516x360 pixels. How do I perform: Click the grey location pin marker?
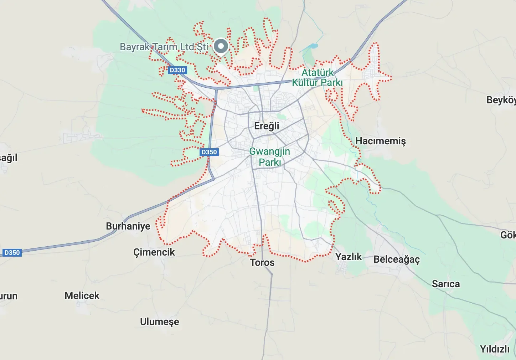click(221, 46)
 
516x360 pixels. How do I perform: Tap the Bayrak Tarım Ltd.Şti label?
click(164, 47)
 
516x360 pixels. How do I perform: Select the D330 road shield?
click(177, 70)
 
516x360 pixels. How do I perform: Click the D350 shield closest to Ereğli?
click(209, 152)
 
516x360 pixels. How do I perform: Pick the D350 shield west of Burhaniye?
click(12, 253)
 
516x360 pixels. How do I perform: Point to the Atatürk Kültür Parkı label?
click(317, 78)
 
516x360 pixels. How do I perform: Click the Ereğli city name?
click(267, 126)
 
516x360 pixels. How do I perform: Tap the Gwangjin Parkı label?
click(270, 157)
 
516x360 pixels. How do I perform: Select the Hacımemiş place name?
click(381, 141)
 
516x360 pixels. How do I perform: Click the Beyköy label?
click(501, 100)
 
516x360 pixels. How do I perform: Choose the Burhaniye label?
click(128, 226)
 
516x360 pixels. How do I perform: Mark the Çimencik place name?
click(154, 252)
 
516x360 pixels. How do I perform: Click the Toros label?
click(262, 263)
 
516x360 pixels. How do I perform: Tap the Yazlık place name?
click(349, 257)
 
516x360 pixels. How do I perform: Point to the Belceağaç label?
click(397, 259)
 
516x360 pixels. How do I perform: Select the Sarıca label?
click(446, 284)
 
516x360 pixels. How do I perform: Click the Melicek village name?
click(82, 296)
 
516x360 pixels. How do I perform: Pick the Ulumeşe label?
click(159, 322)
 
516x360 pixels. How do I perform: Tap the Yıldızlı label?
click(495, 349)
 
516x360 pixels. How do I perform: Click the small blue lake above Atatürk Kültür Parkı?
click(313, 46)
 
